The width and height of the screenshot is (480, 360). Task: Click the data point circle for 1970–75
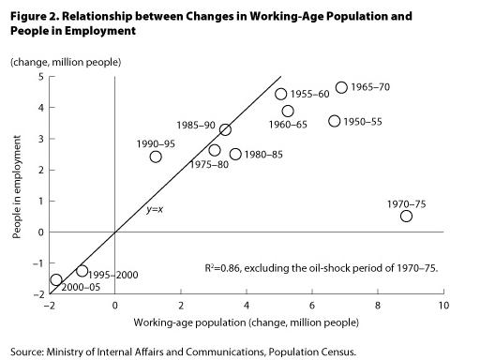[x=406, y=216]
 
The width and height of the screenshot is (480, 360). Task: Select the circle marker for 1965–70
[x=341, y=87]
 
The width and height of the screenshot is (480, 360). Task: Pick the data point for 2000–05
[x=56, y=279]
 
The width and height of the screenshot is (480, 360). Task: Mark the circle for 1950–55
[x=335, y=121]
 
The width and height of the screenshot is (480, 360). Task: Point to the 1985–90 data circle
[x=225, y=129]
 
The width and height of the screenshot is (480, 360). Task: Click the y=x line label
[x=155, y=209]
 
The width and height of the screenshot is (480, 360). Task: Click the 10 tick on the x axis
[x=442, y=305]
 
